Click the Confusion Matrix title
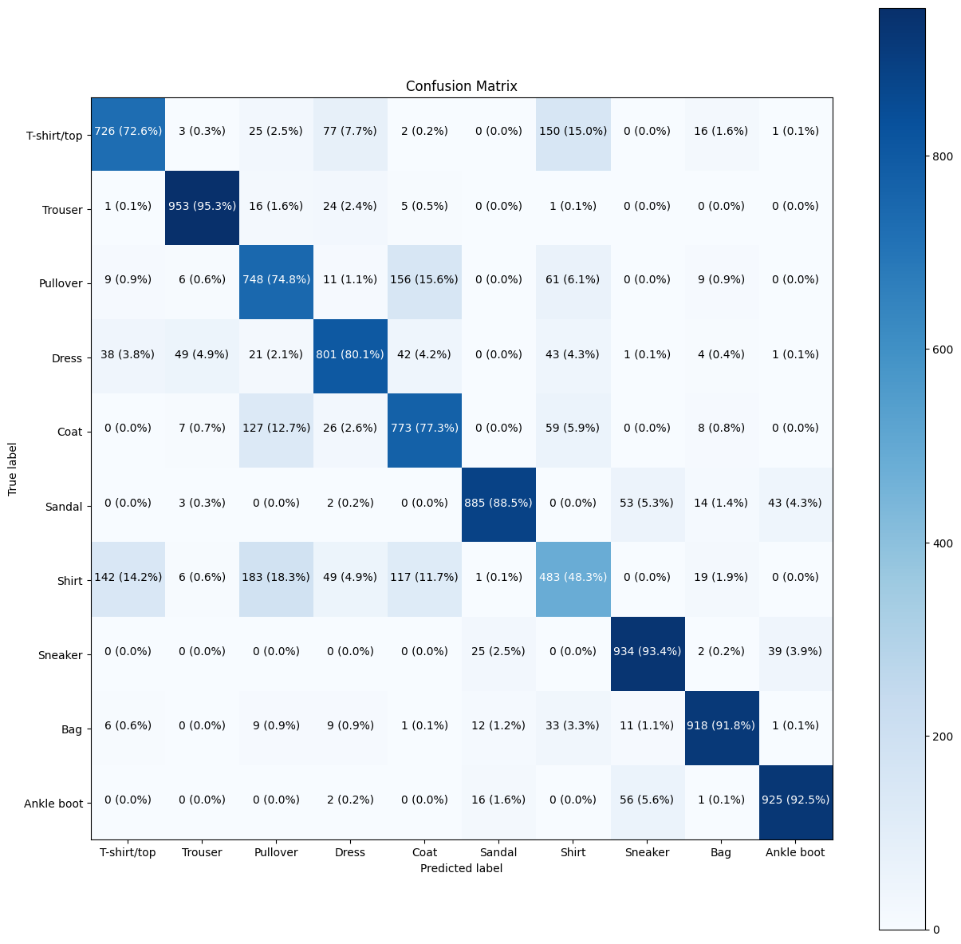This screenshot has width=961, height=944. pos(461,86)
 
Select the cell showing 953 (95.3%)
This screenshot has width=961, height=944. pos(202,206)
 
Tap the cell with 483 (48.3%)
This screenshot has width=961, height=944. pos(573,577)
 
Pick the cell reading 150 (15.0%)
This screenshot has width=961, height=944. pos(573,131)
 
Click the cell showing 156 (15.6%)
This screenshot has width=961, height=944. pos(424,280)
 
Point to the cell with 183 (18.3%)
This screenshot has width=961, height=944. pos(276,577)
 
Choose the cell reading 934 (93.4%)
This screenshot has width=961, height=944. pos(647,651)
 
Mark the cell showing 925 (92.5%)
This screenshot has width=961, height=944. pos(795,800)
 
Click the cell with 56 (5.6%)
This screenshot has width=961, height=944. pos(647,800)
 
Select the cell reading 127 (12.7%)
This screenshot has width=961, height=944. pos(276,428)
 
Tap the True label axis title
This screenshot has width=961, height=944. pos(13,468)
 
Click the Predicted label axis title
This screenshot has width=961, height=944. pos(461,868)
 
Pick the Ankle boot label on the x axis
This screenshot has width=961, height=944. pos(795,852)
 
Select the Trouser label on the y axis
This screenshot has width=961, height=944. pos(62,211)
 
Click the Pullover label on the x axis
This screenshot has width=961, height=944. pos(276,852)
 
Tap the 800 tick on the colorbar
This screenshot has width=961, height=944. pos(942,156)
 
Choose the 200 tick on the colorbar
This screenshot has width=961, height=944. pos(942,736)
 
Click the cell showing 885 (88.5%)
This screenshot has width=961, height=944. pos(498,503)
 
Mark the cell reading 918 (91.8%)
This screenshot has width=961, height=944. pos(721,725)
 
